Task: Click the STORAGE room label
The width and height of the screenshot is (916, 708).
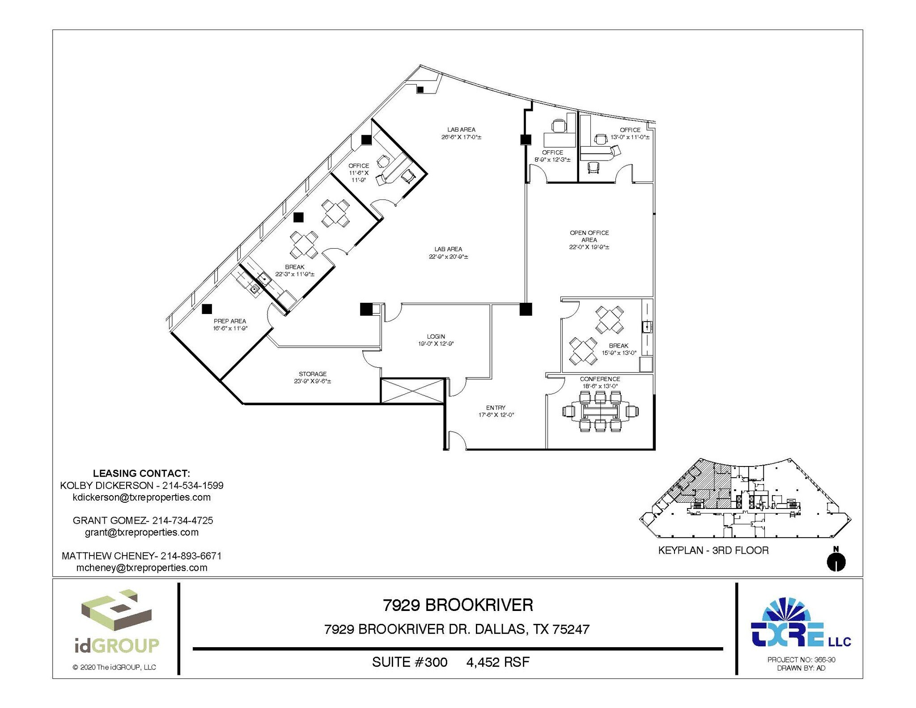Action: (313, 374)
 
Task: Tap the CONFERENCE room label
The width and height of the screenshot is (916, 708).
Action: (600, 379)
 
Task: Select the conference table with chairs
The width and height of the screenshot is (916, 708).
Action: (600, 411)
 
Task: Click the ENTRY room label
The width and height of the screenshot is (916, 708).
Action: (496, 408)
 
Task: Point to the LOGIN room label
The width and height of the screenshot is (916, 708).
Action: (436, 336)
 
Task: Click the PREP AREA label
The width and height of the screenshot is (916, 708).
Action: (230, 321)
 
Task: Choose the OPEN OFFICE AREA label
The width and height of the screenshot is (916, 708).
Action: (589, 236)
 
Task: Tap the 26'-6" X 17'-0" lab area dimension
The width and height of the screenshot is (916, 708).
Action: (461, 137)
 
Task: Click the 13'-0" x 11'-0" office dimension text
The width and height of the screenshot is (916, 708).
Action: (630, 137)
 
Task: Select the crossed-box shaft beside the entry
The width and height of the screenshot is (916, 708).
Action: (412, 391)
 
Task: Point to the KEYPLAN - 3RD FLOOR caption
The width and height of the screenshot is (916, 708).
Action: (713, 551)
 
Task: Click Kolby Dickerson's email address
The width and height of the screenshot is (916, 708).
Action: (141, 497)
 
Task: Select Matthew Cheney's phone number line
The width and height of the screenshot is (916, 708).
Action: (141, 556)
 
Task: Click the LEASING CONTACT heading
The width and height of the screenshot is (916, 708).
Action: (141, 473)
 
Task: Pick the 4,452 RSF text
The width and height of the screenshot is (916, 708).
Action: (498, 662)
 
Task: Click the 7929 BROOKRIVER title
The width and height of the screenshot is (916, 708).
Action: (458, 605)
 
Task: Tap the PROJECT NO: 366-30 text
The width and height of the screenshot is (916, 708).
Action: (801, 660)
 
